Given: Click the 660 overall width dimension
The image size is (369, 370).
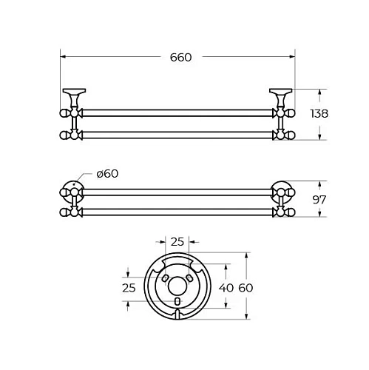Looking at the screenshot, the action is [x=180, y=58].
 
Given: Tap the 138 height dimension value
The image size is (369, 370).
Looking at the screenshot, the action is [x=319, y=114].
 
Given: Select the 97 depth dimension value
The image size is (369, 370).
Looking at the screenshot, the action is [x=319, y=200].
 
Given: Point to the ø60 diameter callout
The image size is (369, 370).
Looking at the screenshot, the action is [x=107, y=174].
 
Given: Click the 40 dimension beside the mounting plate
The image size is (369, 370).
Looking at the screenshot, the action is [x=226, y=288].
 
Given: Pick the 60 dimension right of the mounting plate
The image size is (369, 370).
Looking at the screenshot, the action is [x=246, y=288].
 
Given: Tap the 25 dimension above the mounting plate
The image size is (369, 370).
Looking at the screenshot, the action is [x=177, y=242].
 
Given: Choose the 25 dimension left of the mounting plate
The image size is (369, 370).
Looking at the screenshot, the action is [x=129, y=288].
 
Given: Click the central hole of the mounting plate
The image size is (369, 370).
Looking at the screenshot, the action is [x=177, y=286].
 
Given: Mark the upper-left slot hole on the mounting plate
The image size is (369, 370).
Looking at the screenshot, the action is [x=166, y=278].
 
